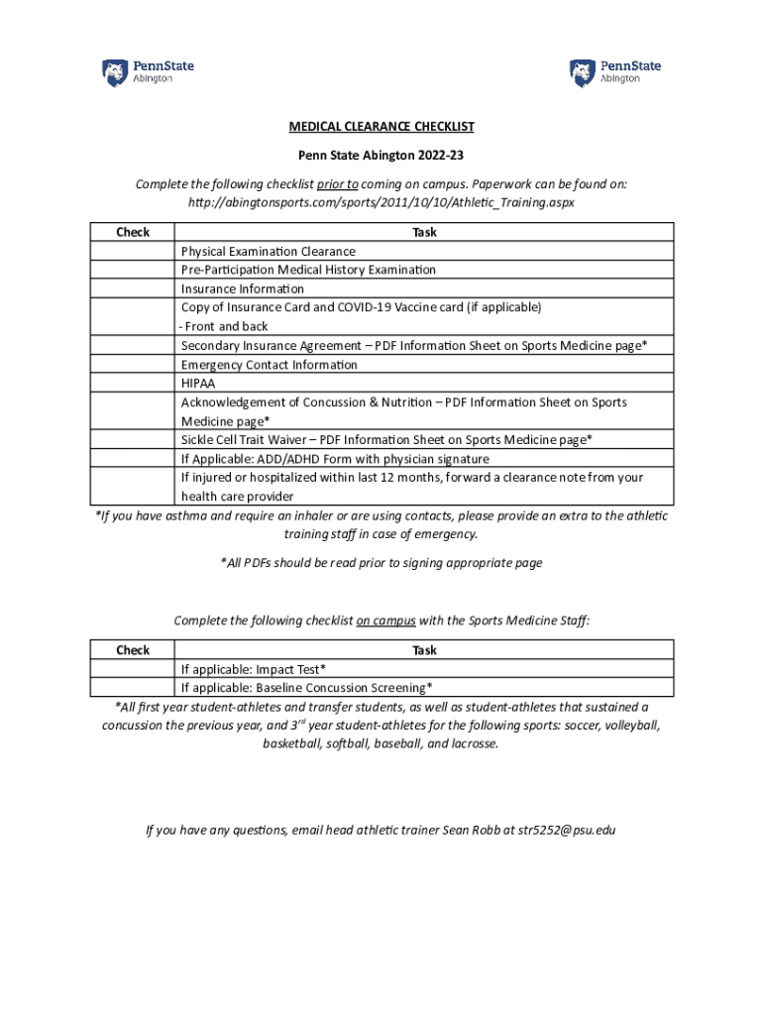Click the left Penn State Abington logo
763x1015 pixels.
click(148, 72)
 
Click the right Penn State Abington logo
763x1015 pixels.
click(615, 72)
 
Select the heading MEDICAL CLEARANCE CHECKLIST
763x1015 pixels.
click(381, 127)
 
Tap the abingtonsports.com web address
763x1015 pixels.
click(381, 202)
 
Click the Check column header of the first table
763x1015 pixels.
click(133, 232)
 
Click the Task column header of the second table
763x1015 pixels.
click(424, 650)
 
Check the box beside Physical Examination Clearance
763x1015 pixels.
click(133, 251)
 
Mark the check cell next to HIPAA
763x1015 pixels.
click(133, 383)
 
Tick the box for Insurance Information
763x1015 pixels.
click(133, 288)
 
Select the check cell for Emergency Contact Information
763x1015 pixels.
click(133, 364)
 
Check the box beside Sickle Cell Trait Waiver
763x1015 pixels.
click(133, 439)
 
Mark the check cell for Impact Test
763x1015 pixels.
click(133, 669)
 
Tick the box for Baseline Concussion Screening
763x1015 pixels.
click(133, 688)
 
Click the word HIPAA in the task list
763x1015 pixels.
click(198, 384)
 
